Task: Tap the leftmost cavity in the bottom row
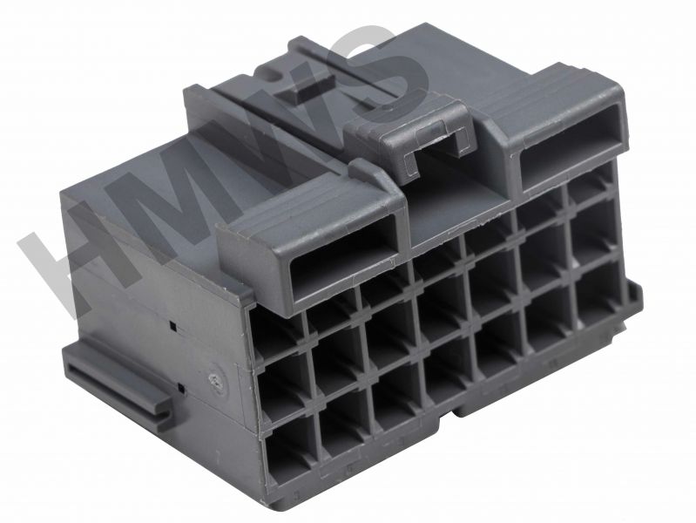292,449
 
